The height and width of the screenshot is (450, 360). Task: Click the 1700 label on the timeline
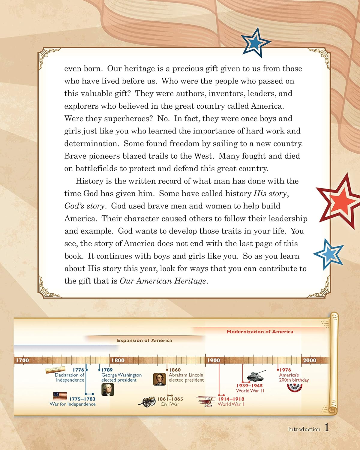pyautogui.click(x=22, y=360)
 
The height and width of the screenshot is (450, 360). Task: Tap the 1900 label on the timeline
pyautogui.click(x=214, y=360)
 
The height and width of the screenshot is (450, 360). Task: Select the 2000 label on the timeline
pyautogui.click(x=309, y=360)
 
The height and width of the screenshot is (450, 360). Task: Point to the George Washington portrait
pyautogui.click(x=108, y=389)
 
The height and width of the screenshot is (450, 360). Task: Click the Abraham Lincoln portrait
pyautogui.click(x=159, y=379)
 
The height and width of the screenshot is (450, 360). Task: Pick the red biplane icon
pyautogui.click(x=206, y=401)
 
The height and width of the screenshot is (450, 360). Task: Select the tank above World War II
pyautogui.click(x=256, y=376)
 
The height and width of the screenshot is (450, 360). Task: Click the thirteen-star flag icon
pyautogui.click(x=60, y=396)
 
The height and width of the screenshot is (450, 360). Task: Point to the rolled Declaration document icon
pyautogui.click(x=56, y=370)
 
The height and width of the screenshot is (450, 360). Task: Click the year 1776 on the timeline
pyautogui.click(x=79, y=370)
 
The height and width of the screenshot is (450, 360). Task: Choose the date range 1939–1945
pyautogui.click(x=249, y=386)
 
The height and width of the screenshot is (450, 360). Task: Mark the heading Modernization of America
pyautogui.click(x=260, y=332)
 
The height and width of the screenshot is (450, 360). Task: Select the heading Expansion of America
pyautogui.click(x=145, y=340)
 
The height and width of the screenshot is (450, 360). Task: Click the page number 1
pyautogui.click(x=327, y=428)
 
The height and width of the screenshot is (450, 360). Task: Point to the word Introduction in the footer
pyautogui.click(x=304, y=429)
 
